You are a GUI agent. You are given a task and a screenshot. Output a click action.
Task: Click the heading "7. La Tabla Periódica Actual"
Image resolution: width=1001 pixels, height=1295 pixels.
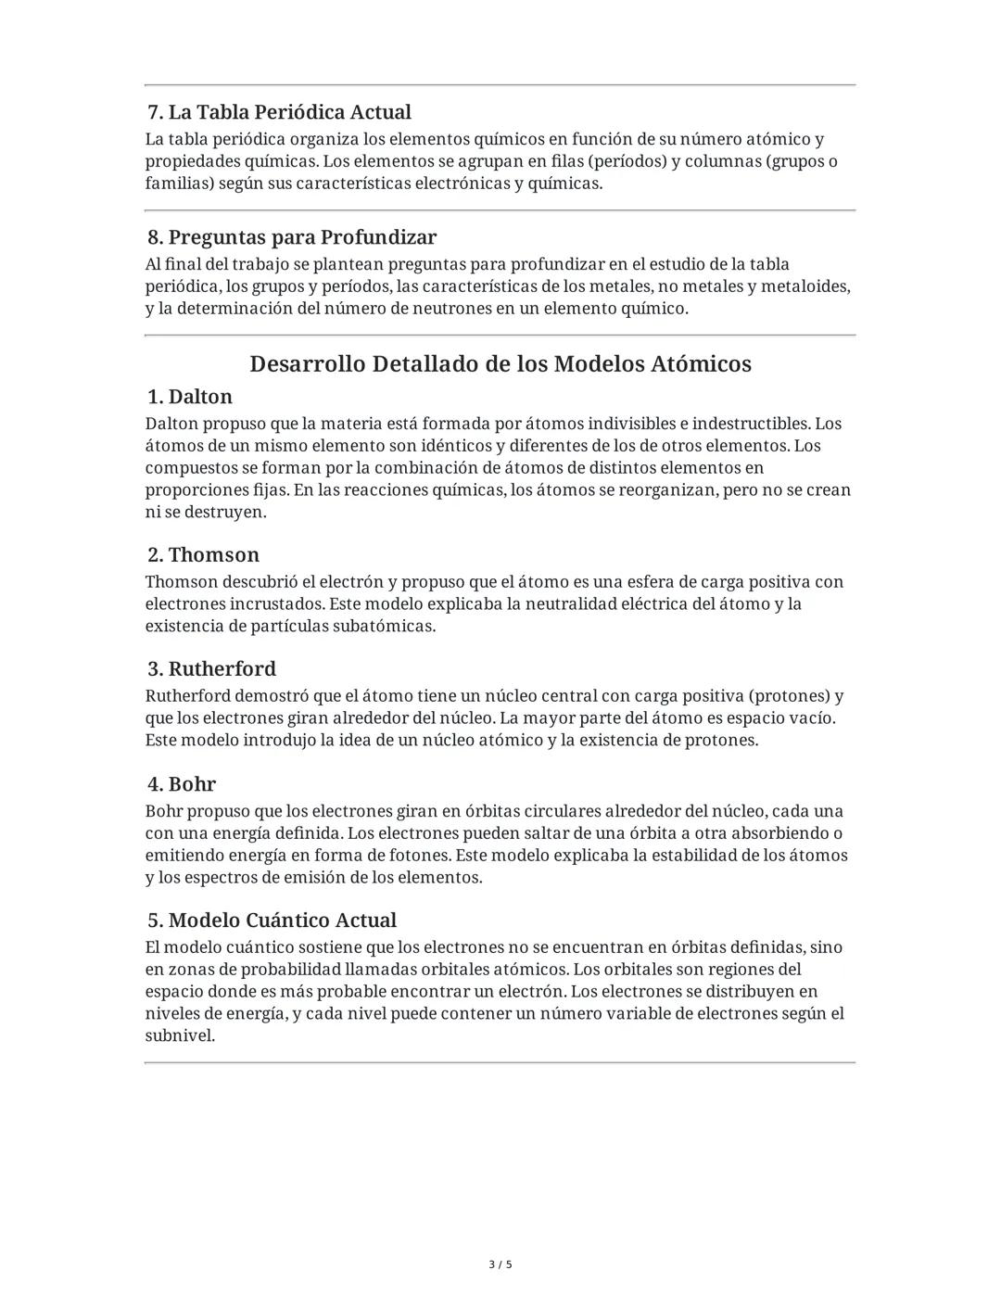[279, 112]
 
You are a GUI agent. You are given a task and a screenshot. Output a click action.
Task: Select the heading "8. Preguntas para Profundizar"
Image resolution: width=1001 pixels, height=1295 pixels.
[292, 237]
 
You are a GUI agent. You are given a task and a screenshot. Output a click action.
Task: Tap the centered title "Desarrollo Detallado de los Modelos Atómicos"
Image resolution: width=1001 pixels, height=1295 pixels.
[500, 363]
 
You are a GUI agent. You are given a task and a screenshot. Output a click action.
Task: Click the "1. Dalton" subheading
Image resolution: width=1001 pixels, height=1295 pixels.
[190, 397]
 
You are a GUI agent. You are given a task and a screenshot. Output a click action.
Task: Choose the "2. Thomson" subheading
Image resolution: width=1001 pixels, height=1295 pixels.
[203, 555]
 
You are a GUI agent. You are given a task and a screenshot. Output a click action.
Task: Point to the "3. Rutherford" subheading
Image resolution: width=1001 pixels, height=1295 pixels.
[211, 669]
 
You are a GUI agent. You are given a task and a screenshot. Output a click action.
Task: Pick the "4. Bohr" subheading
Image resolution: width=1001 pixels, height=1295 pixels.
[182, 784]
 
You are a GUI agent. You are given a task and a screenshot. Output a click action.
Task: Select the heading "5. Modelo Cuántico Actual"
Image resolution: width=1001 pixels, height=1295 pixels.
[272, 920]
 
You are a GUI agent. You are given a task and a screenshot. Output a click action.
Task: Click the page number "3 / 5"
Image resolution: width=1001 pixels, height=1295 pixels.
[500, 1264]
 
